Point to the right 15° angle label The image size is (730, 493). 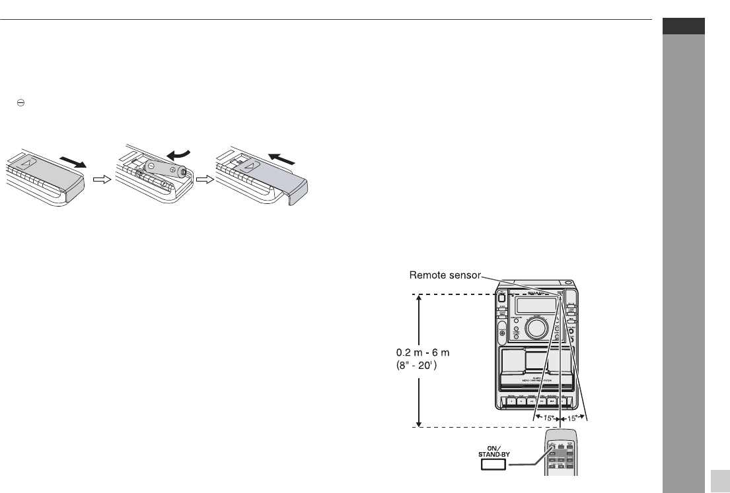click(x=572, y=418)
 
